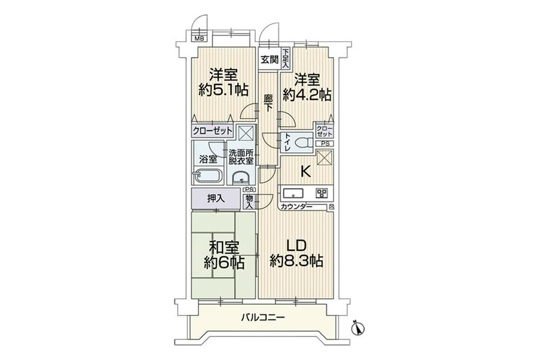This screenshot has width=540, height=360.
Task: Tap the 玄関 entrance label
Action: pyautogui.click(x=270, y=59)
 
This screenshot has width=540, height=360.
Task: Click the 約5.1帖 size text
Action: pyautogui.click(x=222, y=90)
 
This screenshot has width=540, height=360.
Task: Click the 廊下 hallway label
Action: pyautogui.click(x=268, y=103)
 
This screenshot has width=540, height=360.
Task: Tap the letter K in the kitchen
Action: pyautogui.click(x=305, y=171)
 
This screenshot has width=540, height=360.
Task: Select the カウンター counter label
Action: pyautogui.click(x=296, y=207)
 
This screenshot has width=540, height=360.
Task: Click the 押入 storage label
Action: pyautogui.click(x=215, y=198)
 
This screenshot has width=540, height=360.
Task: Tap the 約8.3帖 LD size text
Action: pyautogui.click(x=296, y=261)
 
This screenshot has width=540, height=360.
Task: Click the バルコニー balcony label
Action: pyautogui.click(x=262, y=318)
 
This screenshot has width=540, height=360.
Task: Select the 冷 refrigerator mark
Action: pyautogui.click(x=332, y=207)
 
